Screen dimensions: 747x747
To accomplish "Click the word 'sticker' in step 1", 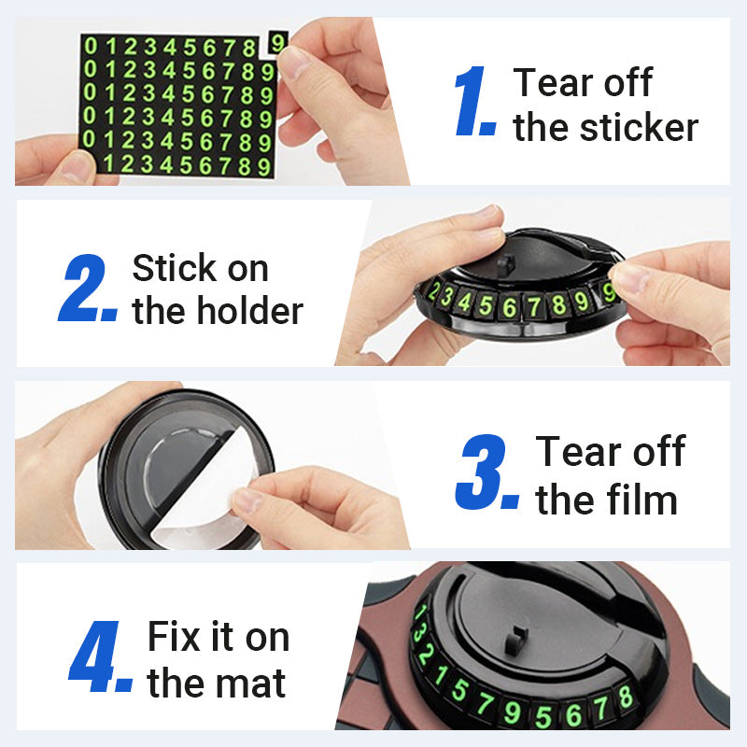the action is pos(640,128).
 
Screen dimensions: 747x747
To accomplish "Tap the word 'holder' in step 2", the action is pos(250,311).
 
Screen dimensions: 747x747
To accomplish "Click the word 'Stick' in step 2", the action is pos(174,268).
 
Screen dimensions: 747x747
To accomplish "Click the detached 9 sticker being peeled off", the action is pos(277,43).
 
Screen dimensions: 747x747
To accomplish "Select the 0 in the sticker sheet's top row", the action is pos(91,46).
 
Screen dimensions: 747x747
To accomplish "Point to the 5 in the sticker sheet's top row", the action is pos(190,48).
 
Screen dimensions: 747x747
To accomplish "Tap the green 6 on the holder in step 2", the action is pos(509,307).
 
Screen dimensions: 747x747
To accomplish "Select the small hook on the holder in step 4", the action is pos(515,640).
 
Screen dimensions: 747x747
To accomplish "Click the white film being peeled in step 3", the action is pos(204,491).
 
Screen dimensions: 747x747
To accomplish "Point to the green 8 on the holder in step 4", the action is pos(626,698).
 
